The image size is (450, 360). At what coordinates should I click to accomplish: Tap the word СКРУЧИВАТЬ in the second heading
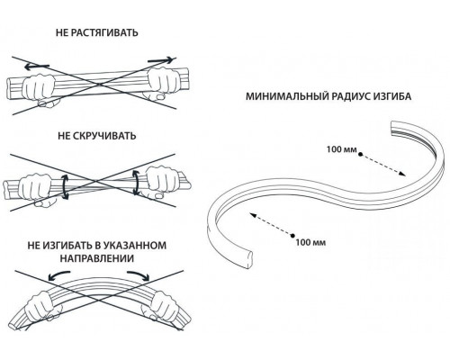(104, 136)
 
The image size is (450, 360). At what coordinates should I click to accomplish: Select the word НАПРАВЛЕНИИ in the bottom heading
(97, 258)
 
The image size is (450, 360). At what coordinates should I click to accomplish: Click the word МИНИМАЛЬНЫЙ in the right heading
(286, 96)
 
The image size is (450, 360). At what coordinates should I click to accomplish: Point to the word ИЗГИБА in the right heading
(392, 96)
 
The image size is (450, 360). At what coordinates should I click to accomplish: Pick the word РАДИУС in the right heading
(350, 96)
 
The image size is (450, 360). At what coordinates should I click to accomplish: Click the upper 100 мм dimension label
(341, 149)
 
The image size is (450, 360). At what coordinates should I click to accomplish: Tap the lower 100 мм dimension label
(310, 242)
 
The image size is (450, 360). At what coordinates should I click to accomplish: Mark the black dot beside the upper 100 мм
(360, 154)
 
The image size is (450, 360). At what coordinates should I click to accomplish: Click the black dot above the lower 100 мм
(292, 235)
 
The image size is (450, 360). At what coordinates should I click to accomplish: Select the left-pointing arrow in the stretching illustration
(37, 67)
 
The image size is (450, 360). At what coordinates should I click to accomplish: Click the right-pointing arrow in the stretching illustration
(160, 60)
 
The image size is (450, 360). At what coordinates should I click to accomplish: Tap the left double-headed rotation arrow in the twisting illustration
(65, 186)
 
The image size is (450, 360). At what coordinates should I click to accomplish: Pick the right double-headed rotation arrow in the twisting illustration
(136, 183)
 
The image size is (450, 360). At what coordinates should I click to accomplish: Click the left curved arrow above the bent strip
(58, 276)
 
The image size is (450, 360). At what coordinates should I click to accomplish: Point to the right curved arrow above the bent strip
(139, 275)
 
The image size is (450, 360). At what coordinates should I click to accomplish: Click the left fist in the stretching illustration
(39, 89)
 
